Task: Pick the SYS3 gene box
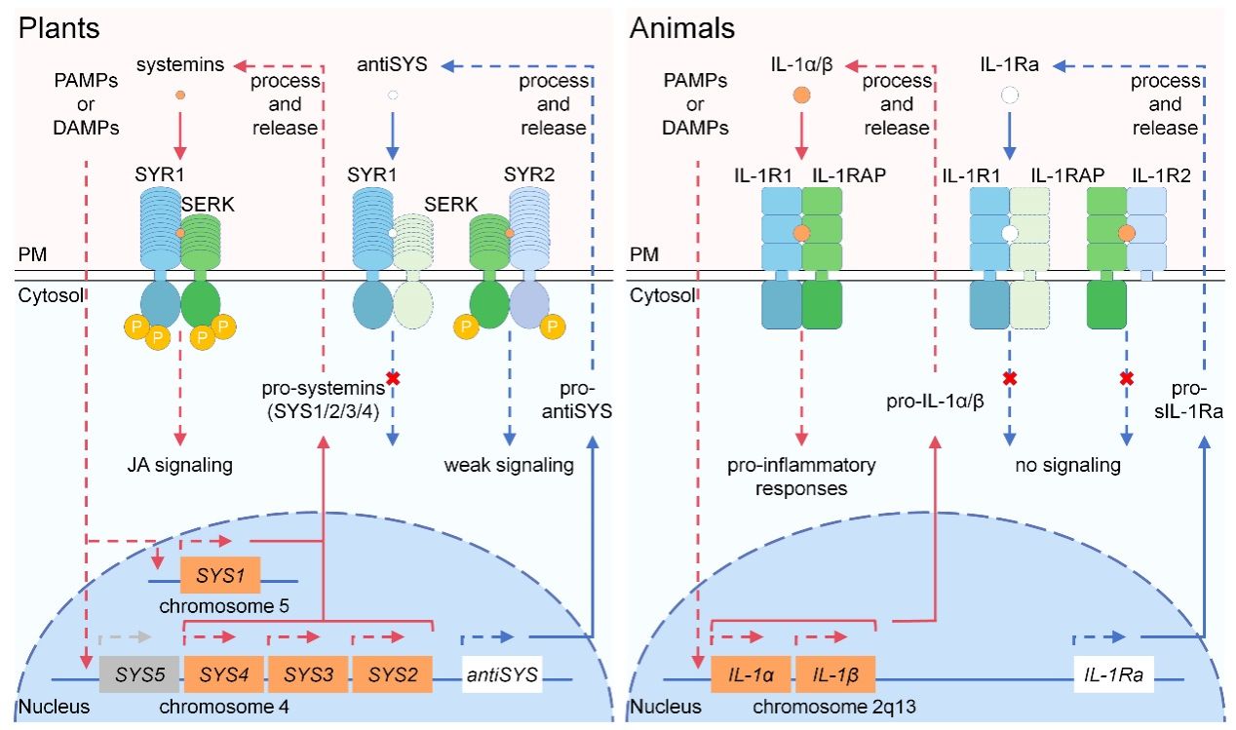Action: (308, 673)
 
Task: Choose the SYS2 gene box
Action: (392, 673)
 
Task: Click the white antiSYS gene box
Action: (500, 673)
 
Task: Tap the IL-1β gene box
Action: (834, 673)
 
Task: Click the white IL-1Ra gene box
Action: (1114, 673)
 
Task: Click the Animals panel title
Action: (682, 27)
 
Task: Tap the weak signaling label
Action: (509, 465)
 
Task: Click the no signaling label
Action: (1067, 465)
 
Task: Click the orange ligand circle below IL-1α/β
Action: (801, 96)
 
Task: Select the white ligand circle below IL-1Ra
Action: (1010, 96)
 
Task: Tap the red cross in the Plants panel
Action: (393, 377)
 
